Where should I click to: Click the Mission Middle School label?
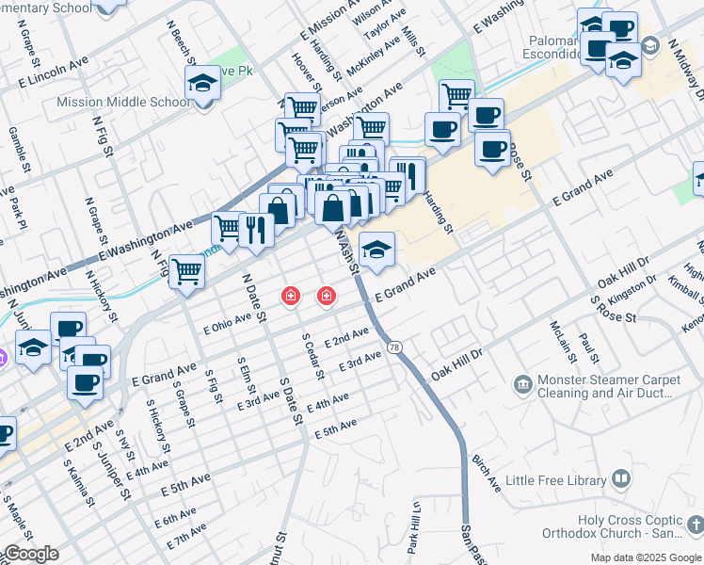coord(123,102)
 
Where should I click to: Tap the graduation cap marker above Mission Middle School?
coord(202,84)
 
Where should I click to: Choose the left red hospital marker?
coord(292,297)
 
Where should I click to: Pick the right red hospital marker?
coord(327,297)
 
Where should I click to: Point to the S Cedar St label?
coord(312,355)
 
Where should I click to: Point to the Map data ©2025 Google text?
coord(646,557)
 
